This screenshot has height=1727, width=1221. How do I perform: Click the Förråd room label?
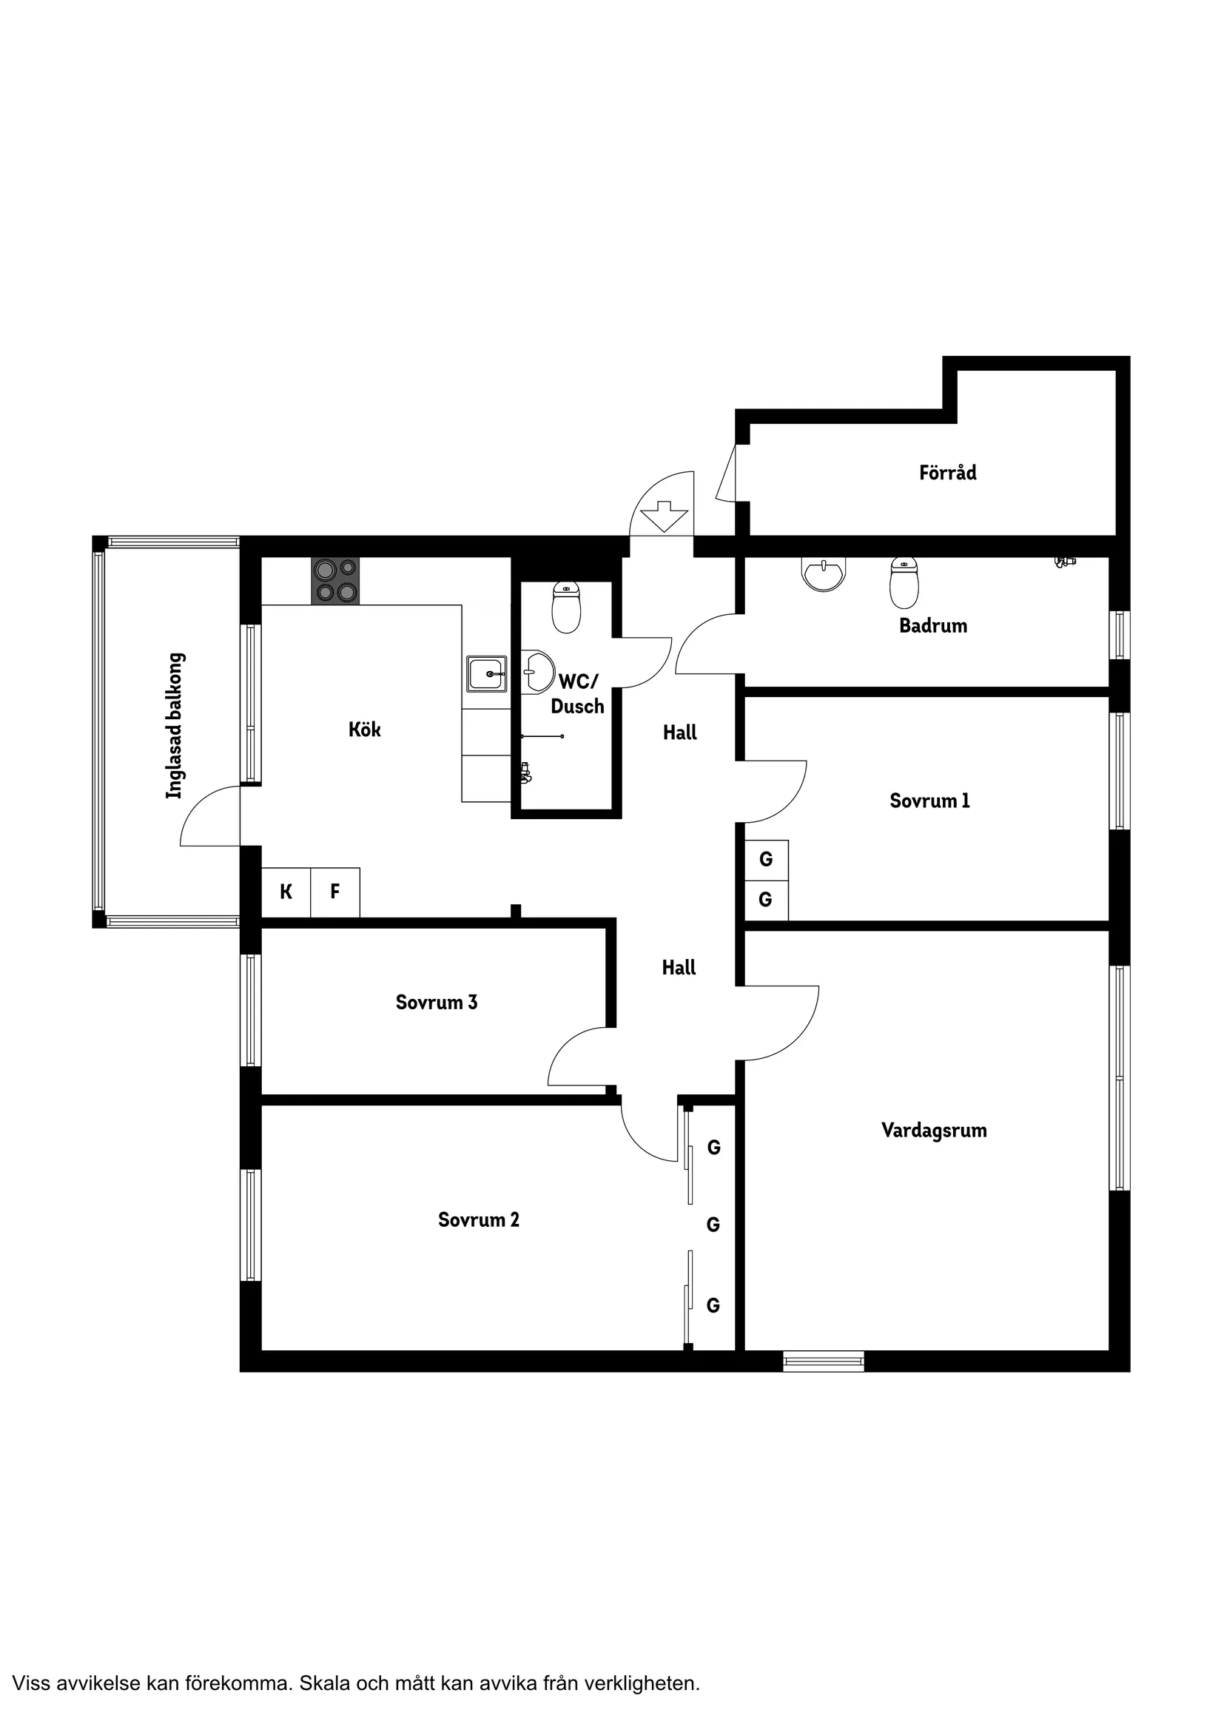click(947, 472)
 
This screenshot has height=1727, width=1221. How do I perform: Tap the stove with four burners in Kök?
click(335, 581)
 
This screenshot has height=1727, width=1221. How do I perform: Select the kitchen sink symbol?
click(486, 673)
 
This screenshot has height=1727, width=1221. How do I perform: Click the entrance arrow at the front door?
click(664, 516)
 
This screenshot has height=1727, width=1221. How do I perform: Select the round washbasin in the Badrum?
click(824, 574)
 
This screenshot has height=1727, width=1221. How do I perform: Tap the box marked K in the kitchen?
click(286, 892)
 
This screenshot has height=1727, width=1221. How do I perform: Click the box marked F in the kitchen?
click(335, 892)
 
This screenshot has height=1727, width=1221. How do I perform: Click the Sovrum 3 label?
click(437, 1002)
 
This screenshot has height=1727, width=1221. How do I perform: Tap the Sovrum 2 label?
click(479, 1219)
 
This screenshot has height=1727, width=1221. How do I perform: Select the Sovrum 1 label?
click(929, 801)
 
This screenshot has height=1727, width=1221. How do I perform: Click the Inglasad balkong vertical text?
click(175, 726)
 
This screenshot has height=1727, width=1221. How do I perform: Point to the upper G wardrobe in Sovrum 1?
click(766, 859)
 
